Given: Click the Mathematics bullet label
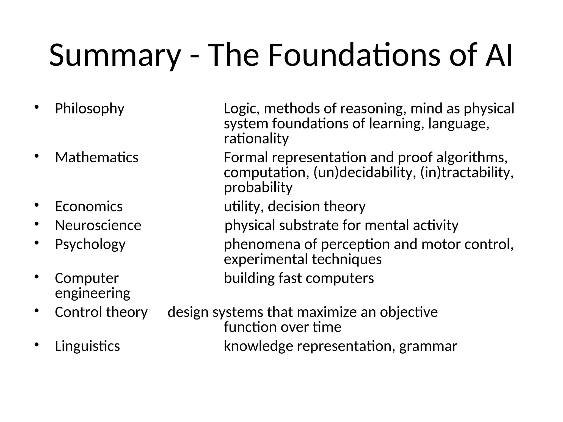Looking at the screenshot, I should click(96, 158).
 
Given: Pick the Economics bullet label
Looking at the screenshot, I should click(89, 207).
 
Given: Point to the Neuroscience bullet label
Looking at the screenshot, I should click(98, 226).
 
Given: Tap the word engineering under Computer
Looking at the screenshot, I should click(92, 293).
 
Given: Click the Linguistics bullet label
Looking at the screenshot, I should click(87, 346).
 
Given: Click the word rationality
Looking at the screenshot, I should click(256, 139).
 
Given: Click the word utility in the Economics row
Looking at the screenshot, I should click(242, 207).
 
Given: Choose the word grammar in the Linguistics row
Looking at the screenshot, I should click(428, 346).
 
